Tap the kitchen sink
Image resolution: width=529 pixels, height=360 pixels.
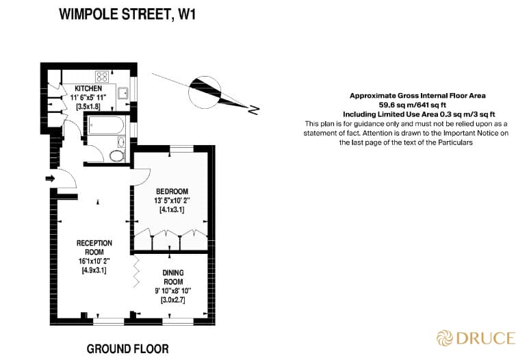tap(124, 94)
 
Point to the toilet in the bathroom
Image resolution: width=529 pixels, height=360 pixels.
tap(117, 155)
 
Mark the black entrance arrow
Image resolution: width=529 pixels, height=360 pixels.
tap(49, 179)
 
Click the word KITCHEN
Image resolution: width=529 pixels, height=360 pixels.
tap(88, 89)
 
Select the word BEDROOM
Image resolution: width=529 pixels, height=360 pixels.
tap(172, 191)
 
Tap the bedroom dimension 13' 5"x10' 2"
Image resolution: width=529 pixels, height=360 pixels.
tap(172, 201)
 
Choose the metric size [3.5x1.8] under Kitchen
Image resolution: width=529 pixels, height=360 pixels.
tap(88, 107)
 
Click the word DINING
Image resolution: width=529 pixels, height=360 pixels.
tap(172, 273)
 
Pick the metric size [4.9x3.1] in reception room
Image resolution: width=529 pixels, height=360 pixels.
tap(94, 271)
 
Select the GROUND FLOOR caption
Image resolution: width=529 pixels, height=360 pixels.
tap(127, 348)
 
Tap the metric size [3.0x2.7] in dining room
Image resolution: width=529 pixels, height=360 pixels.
tap(172, 300)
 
